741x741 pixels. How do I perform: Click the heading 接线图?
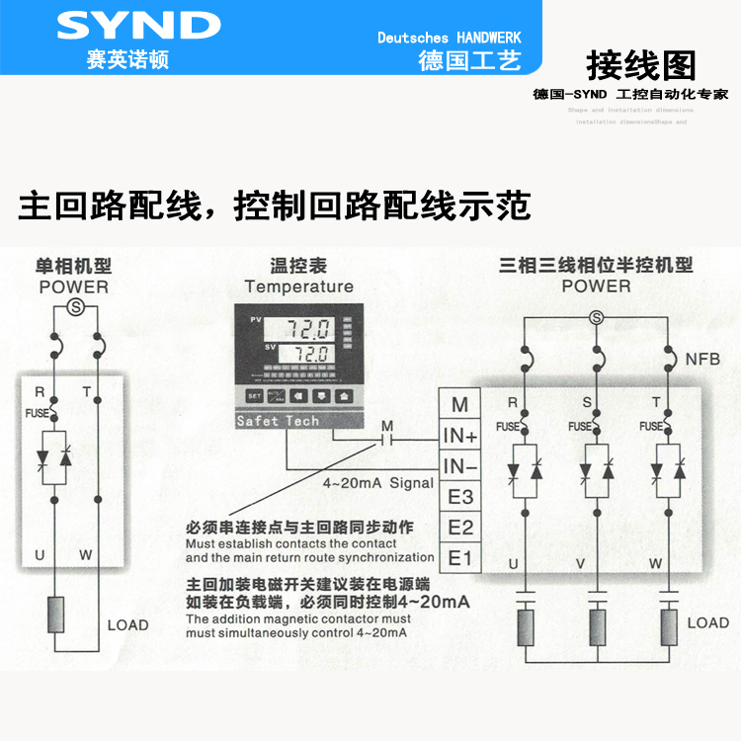click(641, 65)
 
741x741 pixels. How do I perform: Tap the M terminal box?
click(459, 404)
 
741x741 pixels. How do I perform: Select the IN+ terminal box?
click(460, 436)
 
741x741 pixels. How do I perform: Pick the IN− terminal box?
click(460, 466)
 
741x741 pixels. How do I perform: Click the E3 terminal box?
click(460, 497)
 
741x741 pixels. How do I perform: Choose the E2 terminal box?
click(460, 528)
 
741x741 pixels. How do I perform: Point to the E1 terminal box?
click(460, 558)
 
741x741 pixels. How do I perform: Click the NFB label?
click(702, 359)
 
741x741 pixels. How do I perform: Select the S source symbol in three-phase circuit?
click(596, 316)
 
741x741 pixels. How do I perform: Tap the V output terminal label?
click(597, 564)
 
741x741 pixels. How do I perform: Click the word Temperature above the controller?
click(298, 287)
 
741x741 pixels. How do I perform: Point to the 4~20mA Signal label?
click(378, 483)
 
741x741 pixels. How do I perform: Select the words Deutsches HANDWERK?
click(450, 38)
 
